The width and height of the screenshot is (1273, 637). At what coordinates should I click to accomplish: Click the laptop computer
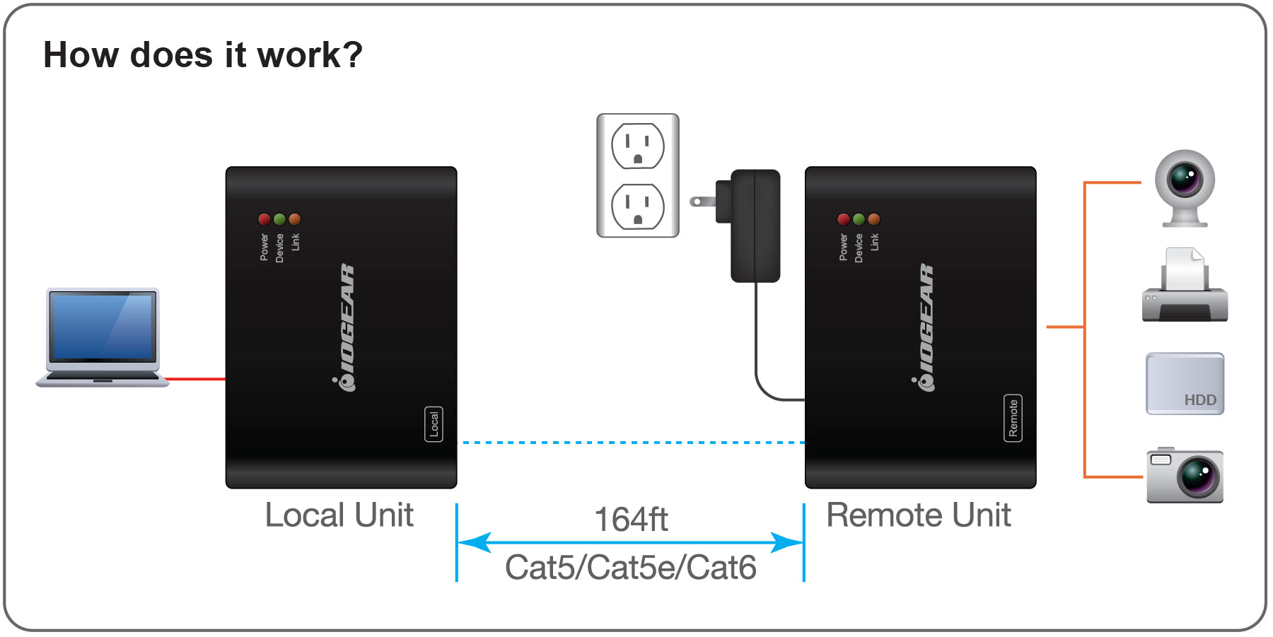coord(103,336)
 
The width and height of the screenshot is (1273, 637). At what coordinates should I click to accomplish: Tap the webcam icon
coord(1185,186)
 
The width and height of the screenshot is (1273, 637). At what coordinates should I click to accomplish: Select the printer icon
coord(1185,286)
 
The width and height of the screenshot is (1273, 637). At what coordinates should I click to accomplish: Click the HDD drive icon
coord(1185,383)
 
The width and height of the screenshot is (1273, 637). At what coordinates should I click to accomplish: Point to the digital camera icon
coord(1185,476)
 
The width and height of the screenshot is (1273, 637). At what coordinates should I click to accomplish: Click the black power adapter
coord(755,225)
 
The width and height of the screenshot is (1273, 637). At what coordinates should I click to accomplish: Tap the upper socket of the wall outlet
coord(637,146)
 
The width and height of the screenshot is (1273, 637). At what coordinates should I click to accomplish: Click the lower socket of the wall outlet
coord(637,206)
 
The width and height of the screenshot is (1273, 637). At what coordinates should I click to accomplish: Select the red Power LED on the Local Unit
coord(265,219)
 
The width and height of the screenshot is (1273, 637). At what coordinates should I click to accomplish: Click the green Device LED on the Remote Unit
coord(859,219)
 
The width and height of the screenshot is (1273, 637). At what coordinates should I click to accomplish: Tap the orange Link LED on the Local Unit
coord(295,219)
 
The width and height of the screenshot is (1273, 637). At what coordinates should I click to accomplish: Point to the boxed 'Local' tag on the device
coord(434,423)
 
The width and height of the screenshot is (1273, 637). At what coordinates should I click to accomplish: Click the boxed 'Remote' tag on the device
coord(1013,418)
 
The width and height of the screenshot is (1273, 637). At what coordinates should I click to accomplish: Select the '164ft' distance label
coord(631,520)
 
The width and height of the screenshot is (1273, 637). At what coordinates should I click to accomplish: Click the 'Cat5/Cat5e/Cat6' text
coord(631,568)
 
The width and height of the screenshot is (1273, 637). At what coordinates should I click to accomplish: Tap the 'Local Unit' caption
coord(339,515)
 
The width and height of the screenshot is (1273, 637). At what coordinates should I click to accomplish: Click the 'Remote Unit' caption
coord(918,515)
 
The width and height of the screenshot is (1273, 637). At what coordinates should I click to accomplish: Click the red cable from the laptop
coord(197,379)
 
